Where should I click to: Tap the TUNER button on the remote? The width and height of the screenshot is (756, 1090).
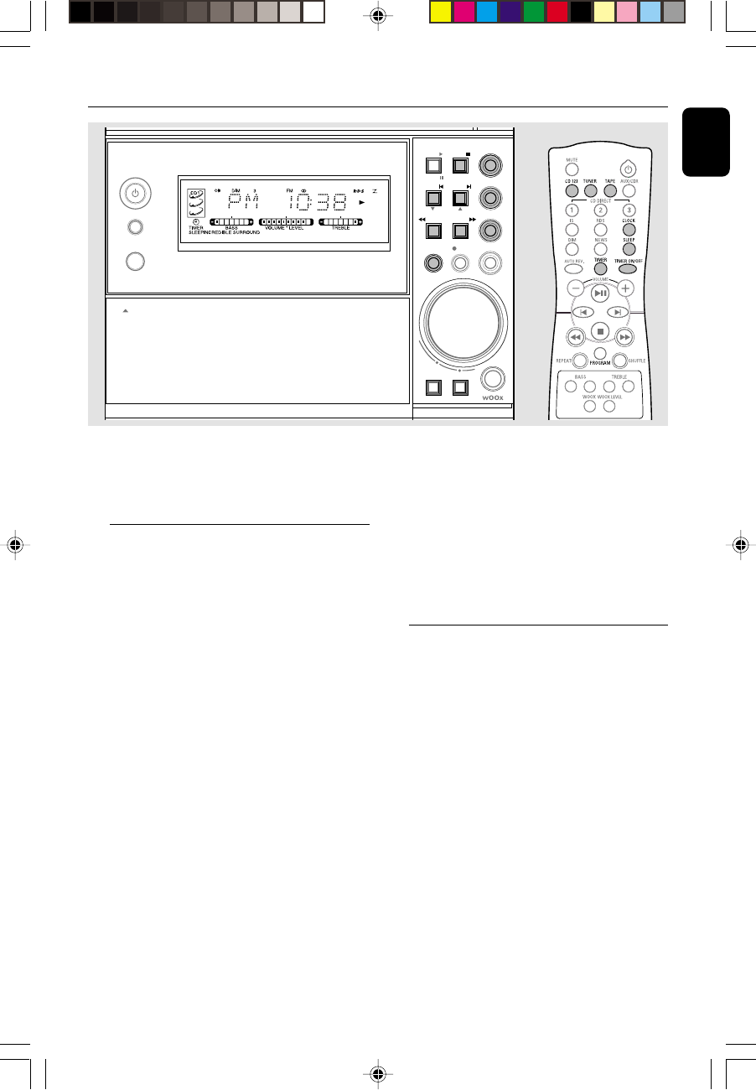[591, 191]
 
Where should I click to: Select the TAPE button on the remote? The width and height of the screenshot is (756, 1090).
[610, 191]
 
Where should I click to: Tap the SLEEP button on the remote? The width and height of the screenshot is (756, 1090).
[629, 248]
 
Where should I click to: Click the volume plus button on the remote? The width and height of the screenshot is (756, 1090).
[625, 288]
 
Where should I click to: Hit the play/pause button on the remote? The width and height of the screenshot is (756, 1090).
[600, 293]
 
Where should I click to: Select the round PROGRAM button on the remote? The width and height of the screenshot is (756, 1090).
[600, 356]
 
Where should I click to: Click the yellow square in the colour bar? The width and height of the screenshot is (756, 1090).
[440, 12]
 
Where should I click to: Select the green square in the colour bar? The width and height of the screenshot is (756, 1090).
[534, 12]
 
